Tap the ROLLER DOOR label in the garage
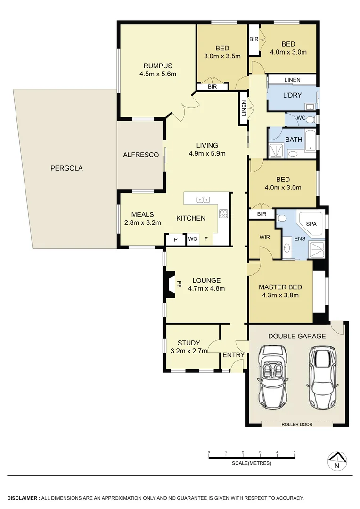(x=297, y=424)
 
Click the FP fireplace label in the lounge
(x=179, y=285)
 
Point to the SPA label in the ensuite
(x=311, y=224)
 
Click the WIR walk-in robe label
(x=264, y=237)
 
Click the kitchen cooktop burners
(x=223, y=213)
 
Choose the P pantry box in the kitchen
(x=175, y=239)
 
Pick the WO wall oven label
(x=192, y=239)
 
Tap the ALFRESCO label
(x=140, y=155)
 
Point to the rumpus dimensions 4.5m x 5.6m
(x=157, y=74)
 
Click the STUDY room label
(x=188, y=343)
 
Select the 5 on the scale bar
(x=295, y=452)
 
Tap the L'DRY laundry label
(x=292, y=96)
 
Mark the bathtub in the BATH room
(x=311, y=141)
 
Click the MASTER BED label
(x=280, y=287)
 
